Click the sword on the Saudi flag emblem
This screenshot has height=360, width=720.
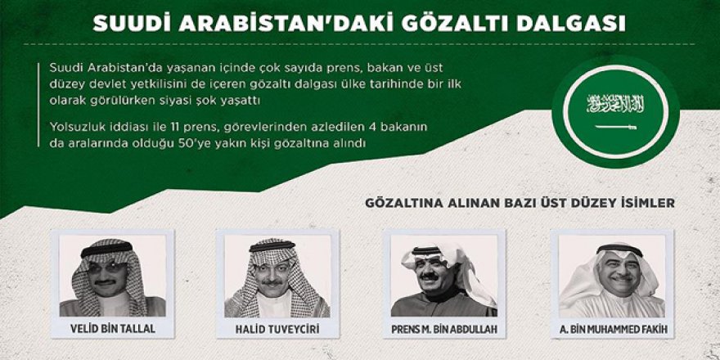click(x=615, y=126)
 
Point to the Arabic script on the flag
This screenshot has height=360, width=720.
click(x=615, y=104)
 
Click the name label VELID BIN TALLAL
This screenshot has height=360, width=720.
click(x=113, y=329)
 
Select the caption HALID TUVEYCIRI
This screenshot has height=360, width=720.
click(x=277, y=329)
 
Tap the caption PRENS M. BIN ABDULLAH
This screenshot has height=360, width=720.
click(x=444, y=329)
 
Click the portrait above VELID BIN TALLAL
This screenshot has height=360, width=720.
click(x=113, y=276)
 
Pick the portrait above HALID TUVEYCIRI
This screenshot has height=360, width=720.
click(x=277, y=276)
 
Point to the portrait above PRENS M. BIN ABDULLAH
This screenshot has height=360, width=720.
click(x=444, y=276)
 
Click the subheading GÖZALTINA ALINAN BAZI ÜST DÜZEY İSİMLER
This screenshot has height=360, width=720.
click(x=520, y=203)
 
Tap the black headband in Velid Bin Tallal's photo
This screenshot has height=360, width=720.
click(x=106, y=250)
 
